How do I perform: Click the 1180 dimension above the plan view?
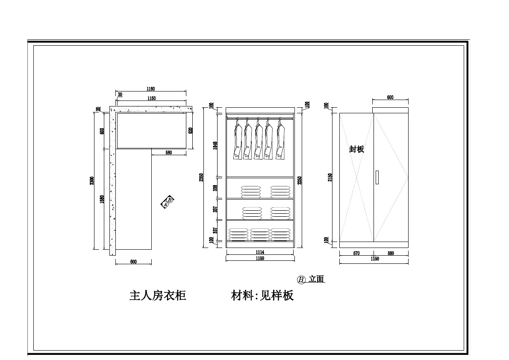pyautogui.click(x=150, y=89)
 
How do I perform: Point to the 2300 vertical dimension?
pyautogui.click(x=91, y=181)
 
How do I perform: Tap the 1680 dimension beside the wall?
pyautogui.click(x=102, y=199)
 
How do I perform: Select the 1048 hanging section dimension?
pyautogui.click(x=215, y=146)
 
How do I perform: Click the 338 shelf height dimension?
pyautogui.click(x=215, y=188)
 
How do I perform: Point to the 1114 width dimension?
pyautogui.click(x=260, y=253)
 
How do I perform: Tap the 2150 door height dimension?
pyautogui.click(x=330, y=177)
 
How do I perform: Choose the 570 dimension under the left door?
pyautogui.click(x=356, y=253)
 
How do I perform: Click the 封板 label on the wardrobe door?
pyautogui.click(x=356, y=149)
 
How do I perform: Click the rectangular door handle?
pyautogui.click(x=377, y=177)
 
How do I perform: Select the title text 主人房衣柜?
pyautogui.click(x=158, y=295)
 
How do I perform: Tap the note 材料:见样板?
pyautogui.click(x=262, y=295)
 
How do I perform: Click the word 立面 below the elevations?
pyautogui.click(x=317, y=279)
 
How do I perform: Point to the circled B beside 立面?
pyautogui.click(x=301, y=280)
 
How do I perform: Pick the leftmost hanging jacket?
pyautogui.click(x=237, y=140)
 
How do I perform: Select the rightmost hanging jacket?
pyautogui.click(x=280, y=140)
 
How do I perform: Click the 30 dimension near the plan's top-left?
pyautogui.click(x=120, y=94)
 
